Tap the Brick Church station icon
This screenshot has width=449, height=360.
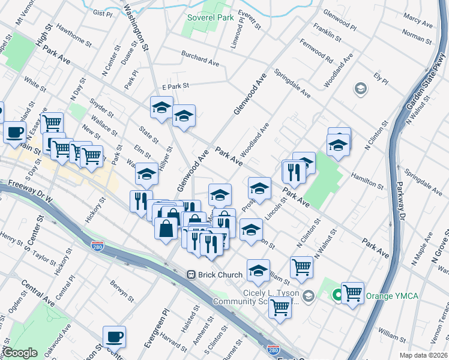click(x=191, y=274)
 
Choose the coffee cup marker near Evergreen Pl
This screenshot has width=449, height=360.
click(x=114, y=337)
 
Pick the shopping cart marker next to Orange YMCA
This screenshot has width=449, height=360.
click(x=352, y=293)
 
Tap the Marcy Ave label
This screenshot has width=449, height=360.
click(x=419, y=23)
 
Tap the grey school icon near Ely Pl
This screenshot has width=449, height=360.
click(x=360, y=89)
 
